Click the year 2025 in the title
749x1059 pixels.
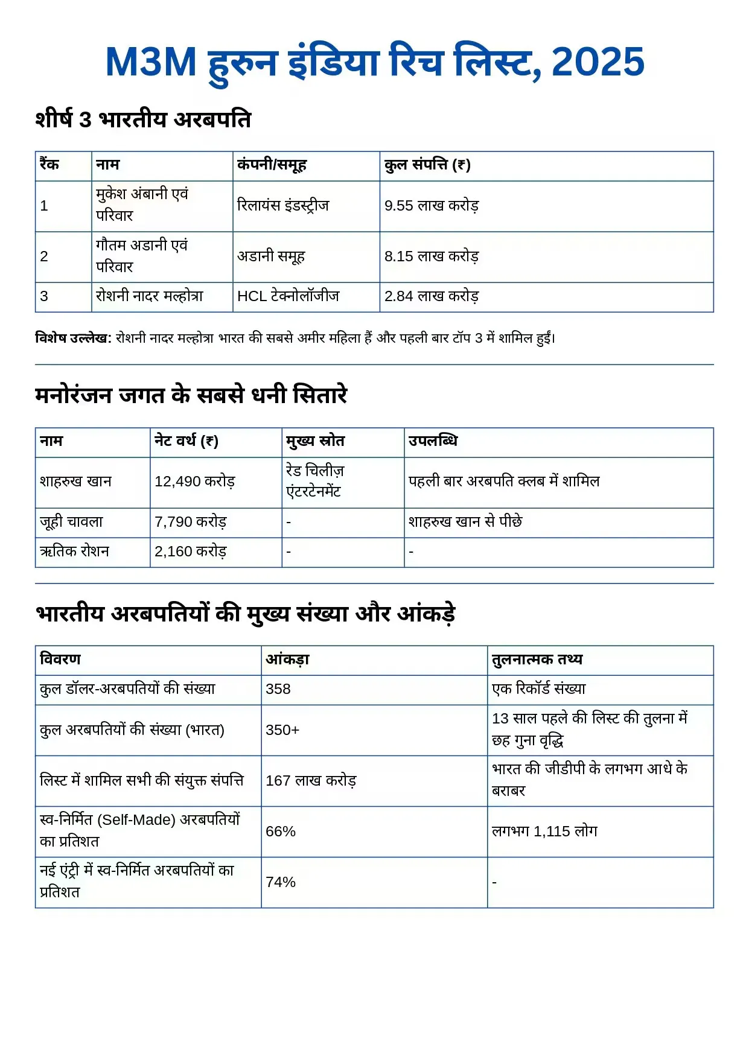(x=598, y=62)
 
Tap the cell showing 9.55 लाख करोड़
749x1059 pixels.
(x=431, y=206)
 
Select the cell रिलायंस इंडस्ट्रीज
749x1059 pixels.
(x=283, y=206)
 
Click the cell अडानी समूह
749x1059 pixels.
(x=271, y=256)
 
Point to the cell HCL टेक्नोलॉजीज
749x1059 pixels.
(x=288, y=296)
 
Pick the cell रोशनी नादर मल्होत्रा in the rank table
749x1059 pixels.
(x=149, y=296)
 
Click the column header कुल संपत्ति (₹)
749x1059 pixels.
(x=427, y=165)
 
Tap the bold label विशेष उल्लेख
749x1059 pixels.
(x=73, y=338)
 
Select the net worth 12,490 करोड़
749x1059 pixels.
(x=194, y=482)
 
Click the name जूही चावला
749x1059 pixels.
(x=71, y=522)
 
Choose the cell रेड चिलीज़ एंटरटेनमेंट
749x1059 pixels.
(x=314, y=481)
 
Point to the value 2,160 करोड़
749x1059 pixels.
(x=190, y=552)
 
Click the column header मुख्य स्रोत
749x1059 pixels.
(x=315, y=441)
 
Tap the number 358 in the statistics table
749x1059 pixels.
(x=278, y=689)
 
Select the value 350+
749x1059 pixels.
(x=282, y=730)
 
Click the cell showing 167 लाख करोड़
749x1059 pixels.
(x=311, y=781)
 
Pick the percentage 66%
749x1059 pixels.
(x=281, y=832)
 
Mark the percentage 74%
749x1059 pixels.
(x=281, y=882)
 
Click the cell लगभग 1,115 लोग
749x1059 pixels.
(x=544, y=832)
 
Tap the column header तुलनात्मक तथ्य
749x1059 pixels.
(x=537, y=660)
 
